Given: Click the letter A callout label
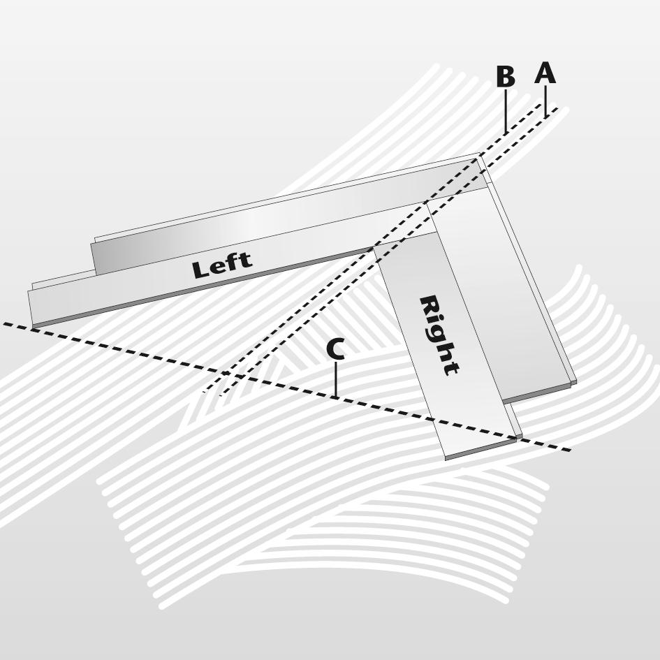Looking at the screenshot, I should click(545, 73).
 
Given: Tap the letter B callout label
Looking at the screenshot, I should click(505, 78).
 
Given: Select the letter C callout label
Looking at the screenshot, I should click(335, 350).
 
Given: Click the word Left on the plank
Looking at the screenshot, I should click(221, 265).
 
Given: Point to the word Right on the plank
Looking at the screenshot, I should click(439, 335).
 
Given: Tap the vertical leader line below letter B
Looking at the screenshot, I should click(506, 112).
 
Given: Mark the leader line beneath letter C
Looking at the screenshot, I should click(336, 381).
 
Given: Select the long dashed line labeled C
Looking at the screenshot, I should click(140, 353).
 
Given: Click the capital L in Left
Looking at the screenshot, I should click(200, 270).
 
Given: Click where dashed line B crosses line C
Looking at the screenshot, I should click(225, 373).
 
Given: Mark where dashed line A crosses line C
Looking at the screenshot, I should click(242, 377).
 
